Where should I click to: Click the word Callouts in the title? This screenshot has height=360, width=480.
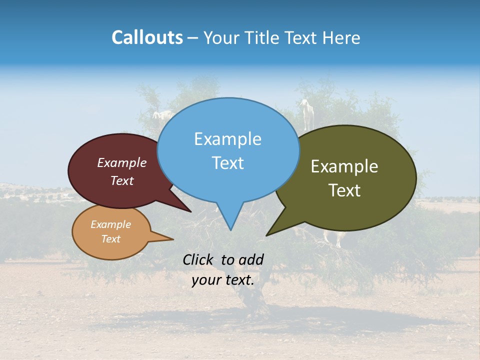pos(147,37)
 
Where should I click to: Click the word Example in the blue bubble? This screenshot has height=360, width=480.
pos(227,139)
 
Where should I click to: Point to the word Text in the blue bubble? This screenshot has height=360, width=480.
pos(227,163)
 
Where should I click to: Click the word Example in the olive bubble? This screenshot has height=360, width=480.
pos(344,166)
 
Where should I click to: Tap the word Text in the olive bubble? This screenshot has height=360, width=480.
pos(344,190)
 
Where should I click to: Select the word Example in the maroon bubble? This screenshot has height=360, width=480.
pos(121,163)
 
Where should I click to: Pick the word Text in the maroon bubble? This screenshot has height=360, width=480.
pos(121,181)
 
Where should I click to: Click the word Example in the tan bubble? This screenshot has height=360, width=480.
pos(110,224)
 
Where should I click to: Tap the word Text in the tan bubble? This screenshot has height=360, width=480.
pos(110,239)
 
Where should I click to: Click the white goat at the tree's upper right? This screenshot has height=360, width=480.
pos(304,111)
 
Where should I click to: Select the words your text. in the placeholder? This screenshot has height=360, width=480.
pos(223,280)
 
